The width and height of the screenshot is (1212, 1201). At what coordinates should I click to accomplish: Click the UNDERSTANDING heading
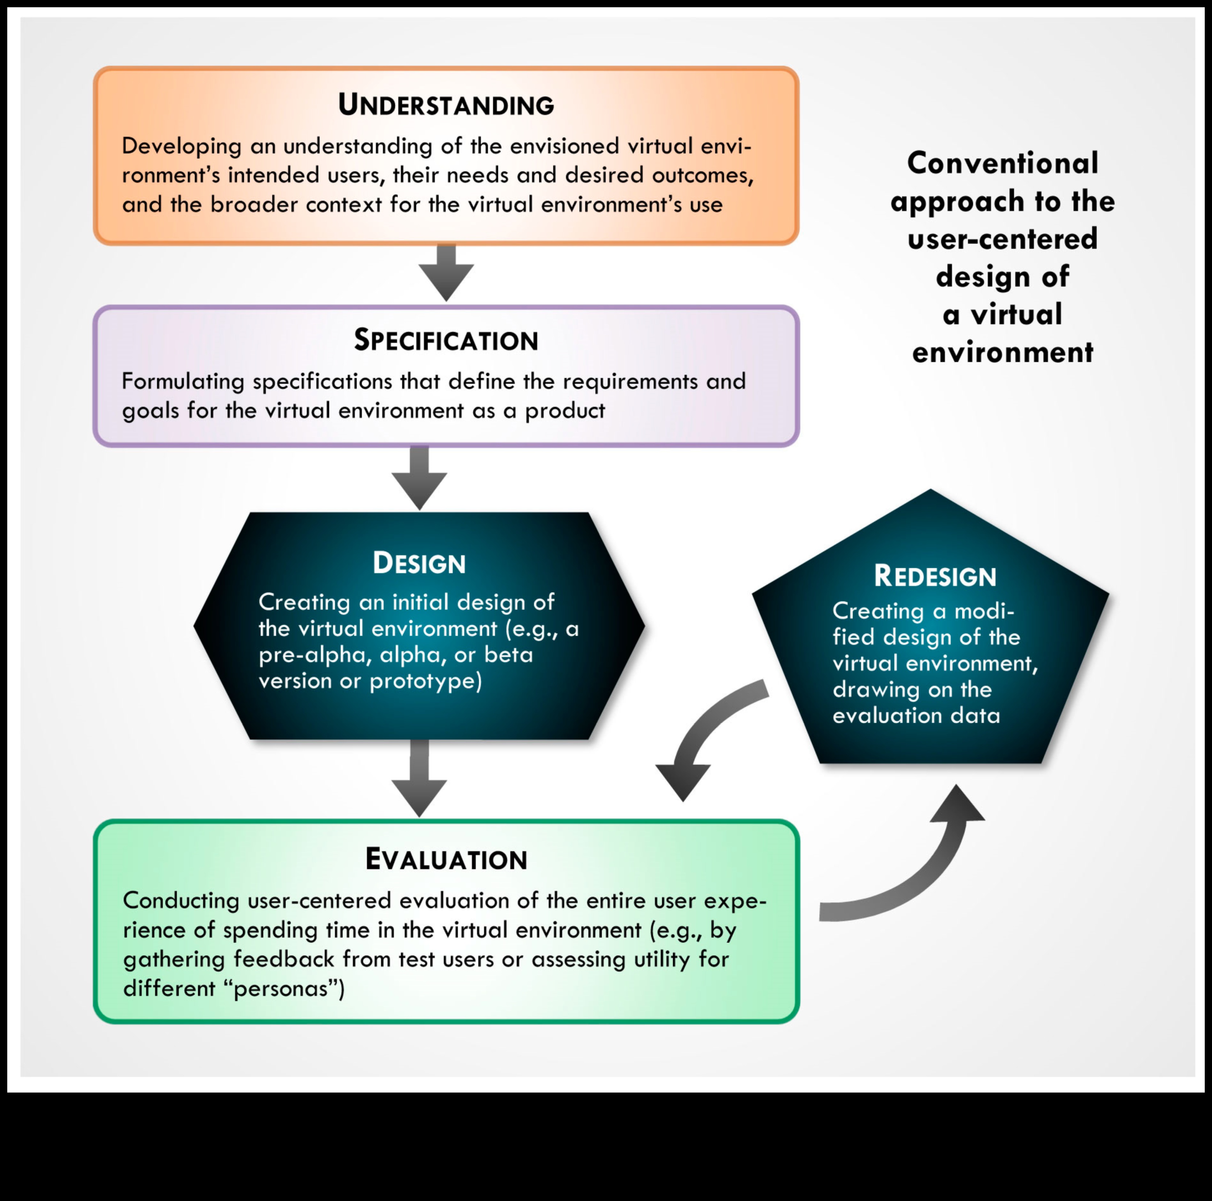click(446, 105)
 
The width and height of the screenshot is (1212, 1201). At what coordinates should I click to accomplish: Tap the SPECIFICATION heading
click(446, 340)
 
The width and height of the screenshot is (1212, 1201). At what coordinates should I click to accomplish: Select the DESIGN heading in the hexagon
click(419, 563)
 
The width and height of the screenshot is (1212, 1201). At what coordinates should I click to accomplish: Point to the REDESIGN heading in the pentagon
click(935, 576)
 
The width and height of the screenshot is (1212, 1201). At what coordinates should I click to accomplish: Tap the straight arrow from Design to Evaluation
click(419, 778)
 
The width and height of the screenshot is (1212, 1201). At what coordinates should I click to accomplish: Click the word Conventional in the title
click(1002, 163)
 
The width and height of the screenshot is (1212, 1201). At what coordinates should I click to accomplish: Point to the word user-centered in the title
click(1002, 239)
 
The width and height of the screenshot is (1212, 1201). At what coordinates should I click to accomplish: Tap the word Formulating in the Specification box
click(183, 382)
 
